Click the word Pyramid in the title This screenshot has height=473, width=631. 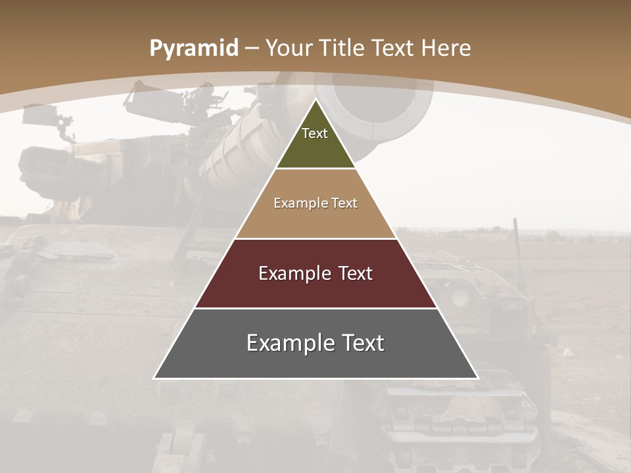(193, 49)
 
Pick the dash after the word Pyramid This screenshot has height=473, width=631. (252, 49)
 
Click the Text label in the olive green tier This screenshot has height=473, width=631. (315, 133)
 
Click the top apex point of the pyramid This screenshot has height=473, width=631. (315, 100)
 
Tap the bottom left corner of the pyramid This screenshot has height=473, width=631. (154, 378)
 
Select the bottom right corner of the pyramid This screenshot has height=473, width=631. (478, 378)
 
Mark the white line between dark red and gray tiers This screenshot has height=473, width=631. (315, 308)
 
